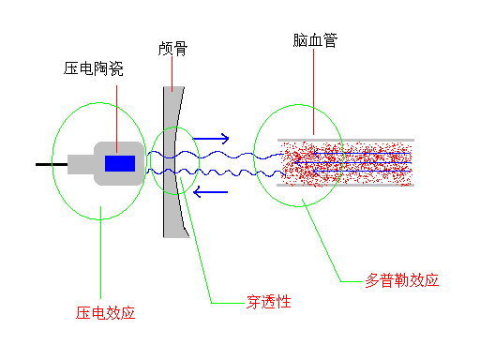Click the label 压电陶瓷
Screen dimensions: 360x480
[x=94, y=68]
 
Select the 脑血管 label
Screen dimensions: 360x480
[x=315, y=42]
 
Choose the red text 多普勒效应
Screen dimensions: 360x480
[x=401, y=280]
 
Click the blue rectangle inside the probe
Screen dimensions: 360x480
[x=119, y=164]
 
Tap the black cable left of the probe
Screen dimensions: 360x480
[x=51, y=165]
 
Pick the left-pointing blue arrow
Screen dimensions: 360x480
[x=211, y=192]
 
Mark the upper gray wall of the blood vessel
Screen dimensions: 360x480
[x=347, y=141]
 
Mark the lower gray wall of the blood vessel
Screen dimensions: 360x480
[x=347, y=185]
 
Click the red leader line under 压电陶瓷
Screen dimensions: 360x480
[x=116, y=112]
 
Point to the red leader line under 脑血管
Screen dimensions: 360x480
[x=315, y=94]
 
